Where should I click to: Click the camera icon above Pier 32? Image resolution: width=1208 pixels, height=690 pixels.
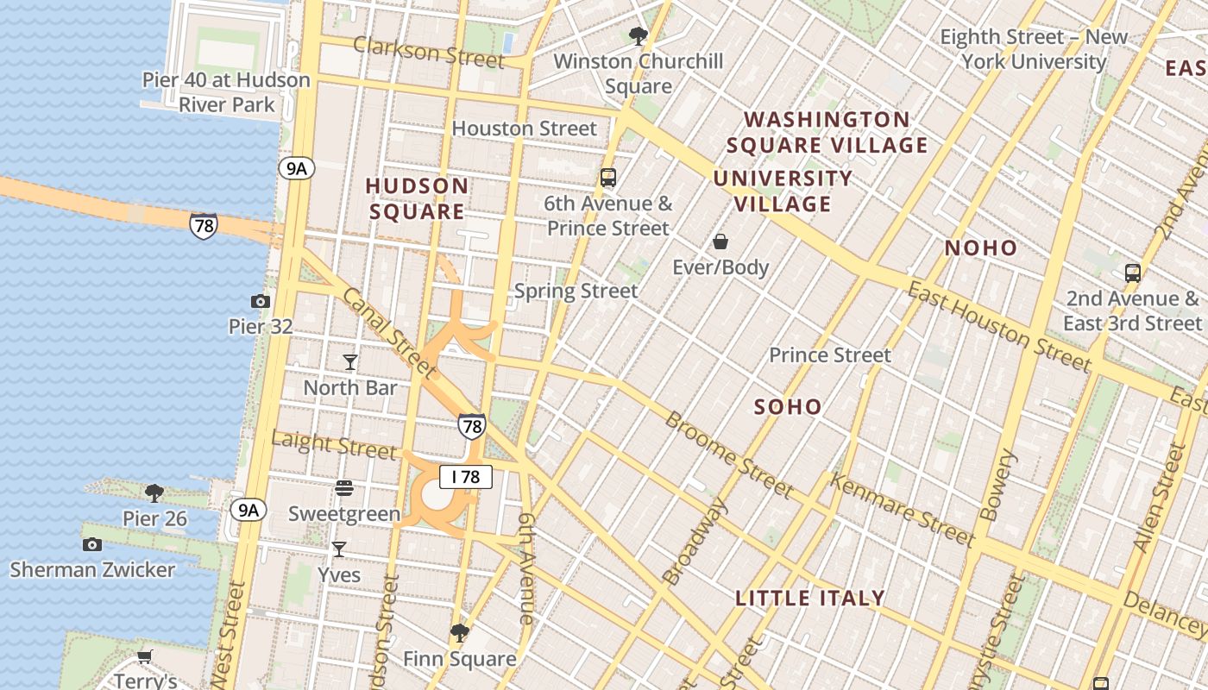pos(260,301)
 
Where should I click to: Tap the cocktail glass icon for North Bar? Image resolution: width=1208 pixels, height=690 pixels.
pos(350,362)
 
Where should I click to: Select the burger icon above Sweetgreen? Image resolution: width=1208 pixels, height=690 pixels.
pos(343,488)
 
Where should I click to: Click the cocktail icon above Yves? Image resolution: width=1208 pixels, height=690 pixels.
pos(339,549)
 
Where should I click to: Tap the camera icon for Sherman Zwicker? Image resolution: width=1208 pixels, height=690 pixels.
pos(92,544)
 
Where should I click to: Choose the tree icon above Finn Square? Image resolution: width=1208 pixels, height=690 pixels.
pos(460,634)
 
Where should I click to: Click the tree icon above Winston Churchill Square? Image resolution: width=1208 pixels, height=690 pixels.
pos(639,36)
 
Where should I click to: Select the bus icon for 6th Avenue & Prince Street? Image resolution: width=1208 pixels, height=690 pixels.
pos(608,178)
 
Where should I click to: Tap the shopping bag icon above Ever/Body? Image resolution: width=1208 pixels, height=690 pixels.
pos(720,241)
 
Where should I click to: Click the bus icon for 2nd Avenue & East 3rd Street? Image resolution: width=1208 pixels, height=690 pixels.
pos(1133,273)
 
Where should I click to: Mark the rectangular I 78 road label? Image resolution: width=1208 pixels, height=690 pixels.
pos(466,477)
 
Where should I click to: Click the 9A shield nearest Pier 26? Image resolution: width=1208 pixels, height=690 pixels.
pos(248,510)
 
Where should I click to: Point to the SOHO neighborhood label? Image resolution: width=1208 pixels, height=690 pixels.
pos(788,407)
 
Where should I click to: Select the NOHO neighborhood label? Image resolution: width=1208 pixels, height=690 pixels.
pos(981,248)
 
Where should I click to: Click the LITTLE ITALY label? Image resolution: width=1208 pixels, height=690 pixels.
pos(810,598)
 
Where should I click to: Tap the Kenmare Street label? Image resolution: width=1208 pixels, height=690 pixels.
pos(902,509)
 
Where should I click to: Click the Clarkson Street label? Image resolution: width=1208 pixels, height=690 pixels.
pos(428,53)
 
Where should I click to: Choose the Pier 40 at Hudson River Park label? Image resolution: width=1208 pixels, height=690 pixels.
pos(226,92)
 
